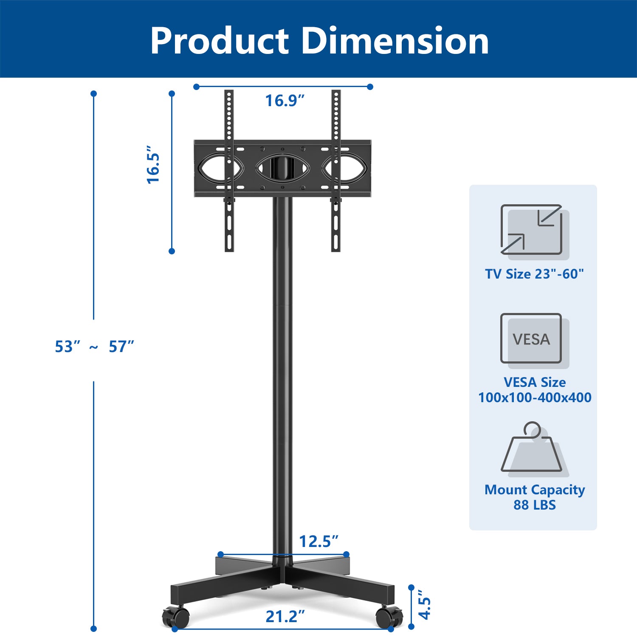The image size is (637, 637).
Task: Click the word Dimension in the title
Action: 395,41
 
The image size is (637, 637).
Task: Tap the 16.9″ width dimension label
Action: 285,101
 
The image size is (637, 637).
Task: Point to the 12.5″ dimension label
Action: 318,541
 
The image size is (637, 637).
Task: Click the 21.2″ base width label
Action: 285,617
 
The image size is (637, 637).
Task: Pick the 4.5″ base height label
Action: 424,605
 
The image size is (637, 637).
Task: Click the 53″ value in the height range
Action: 67,347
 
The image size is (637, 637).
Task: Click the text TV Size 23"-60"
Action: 534,274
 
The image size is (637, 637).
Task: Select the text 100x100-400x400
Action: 535,397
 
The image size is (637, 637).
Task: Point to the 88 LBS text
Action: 534,505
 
